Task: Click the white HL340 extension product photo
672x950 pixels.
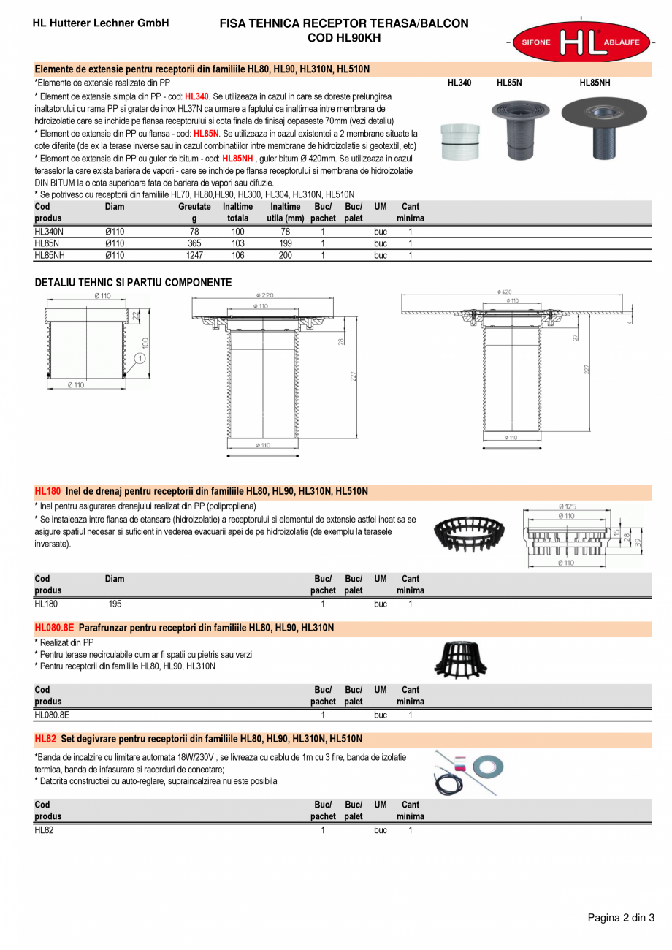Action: [x=460, y=141]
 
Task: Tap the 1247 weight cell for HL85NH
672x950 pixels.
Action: [x=194, y=255]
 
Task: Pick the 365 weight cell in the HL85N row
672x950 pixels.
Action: [x=194, y=243]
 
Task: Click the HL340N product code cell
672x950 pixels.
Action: [x=49, y=231]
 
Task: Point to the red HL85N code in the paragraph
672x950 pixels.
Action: [x=206, y=134]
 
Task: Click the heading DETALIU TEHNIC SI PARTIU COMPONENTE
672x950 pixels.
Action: [x=134, y=283]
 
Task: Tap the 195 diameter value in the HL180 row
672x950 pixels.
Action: [x=115, y=604]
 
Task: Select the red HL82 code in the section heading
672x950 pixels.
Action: [x=45, y=739]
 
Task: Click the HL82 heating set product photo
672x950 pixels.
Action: [x=469, y=772]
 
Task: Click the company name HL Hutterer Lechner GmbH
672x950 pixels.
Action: [x=101, y=23]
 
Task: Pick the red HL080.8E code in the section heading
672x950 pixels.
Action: [x=55, y=628]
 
